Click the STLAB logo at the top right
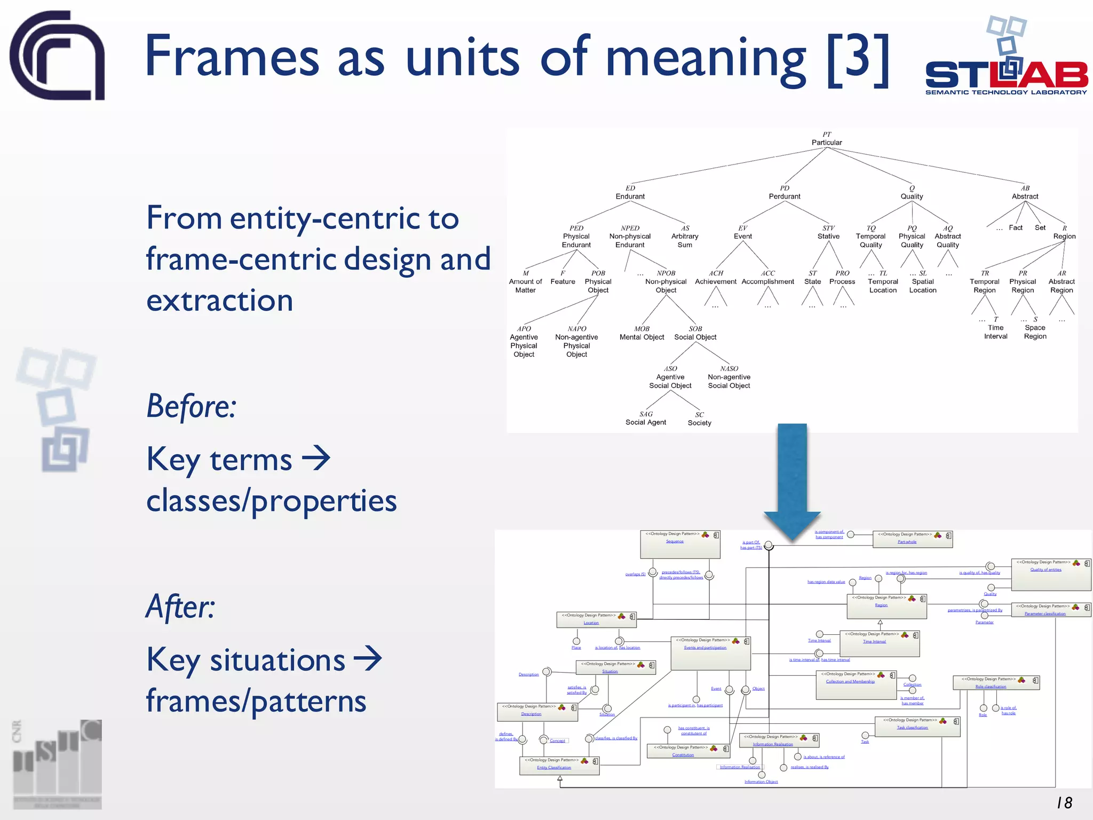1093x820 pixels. tap(1005, 59)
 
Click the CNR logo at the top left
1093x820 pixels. tap(57, 56)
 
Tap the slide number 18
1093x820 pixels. tap(1064, 802)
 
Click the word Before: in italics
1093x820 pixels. tap(191, 406)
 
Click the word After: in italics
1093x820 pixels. tap(180, 607)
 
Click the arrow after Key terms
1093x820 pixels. tap(316, 458)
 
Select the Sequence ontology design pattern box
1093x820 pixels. tap(680, 544)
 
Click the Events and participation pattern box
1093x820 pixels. tap(710, 653)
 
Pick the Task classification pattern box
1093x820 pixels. tap(917, 727)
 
